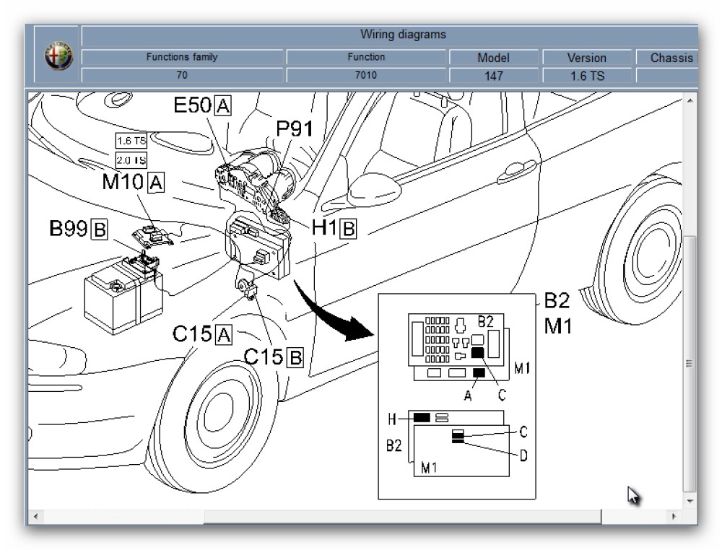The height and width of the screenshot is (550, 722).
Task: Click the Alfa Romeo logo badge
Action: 58,56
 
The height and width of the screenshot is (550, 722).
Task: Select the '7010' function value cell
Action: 366,75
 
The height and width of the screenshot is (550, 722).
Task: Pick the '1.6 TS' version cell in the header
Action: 586,75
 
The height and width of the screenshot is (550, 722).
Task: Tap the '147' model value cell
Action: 493,75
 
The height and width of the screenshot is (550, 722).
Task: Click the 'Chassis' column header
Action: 671,58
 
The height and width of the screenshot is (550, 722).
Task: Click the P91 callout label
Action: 295,129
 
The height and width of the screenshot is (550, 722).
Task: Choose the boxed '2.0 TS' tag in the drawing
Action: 131,160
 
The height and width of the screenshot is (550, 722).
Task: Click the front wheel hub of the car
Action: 212,415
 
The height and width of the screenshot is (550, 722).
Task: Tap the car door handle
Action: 516,170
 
